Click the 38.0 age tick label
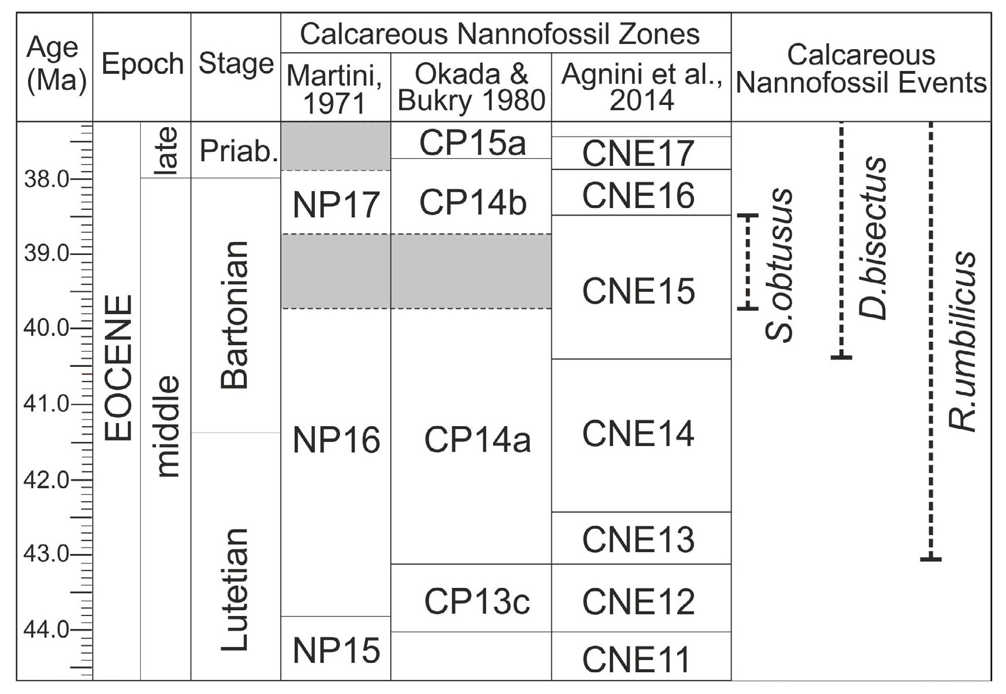pos(45,179)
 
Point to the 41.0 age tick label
pos(45,404)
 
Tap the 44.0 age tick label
pos(45,630)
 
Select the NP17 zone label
pos(336,205)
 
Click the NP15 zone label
pos(336,651)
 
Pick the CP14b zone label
pos(473,203)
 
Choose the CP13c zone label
pos(477,601)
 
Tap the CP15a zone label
pos(473,142)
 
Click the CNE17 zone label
pos(638,154)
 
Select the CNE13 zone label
pos(638,539)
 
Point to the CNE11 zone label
pos(636,659)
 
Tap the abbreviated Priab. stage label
pos(238,151)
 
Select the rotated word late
pos(166,151)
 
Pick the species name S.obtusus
pos(780,265)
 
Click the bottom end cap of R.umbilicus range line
pos(930,559)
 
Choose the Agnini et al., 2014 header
pos(641,88)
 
